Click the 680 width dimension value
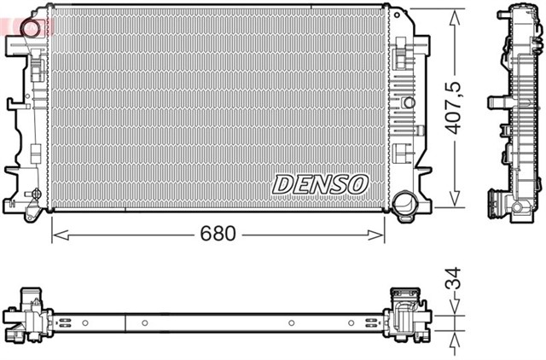point(220,232)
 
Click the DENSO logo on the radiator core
point(320,183)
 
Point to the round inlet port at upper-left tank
point(32,28)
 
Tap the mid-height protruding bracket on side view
point(495,102)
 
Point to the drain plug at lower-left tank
point(33,196)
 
